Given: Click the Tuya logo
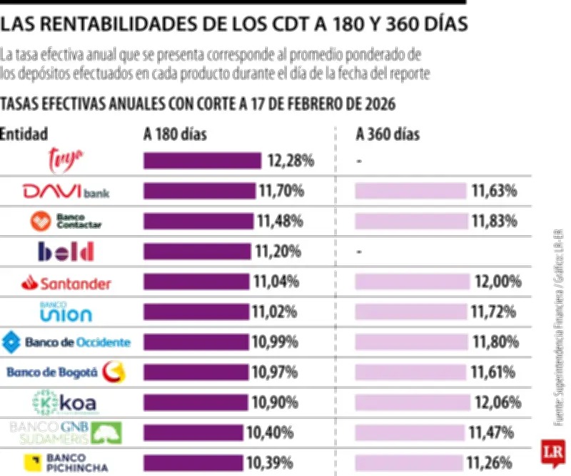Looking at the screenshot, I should tap(66, 159).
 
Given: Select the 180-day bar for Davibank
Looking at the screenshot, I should tap(199, 191).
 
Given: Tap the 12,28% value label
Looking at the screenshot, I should tap(290, 161).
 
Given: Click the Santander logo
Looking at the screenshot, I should tap(66, 283).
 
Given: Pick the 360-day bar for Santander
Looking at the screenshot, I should tap(413, 282).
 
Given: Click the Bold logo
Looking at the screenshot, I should tap(66, 252).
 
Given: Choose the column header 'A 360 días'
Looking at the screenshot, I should tap(388, 134).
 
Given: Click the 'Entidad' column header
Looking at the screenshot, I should tap(24, 134).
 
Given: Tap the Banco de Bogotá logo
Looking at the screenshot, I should tap(66, 372).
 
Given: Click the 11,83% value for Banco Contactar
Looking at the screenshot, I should tap(494, 222).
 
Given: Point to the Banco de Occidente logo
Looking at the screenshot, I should tap(66, 342).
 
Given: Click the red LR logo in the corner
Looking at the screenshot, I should tap(555, 454).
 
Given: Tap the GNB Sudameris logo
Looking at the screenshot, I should tap(66, 432).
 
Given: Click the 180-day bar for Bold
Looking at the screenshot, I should tap(197, 252).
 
